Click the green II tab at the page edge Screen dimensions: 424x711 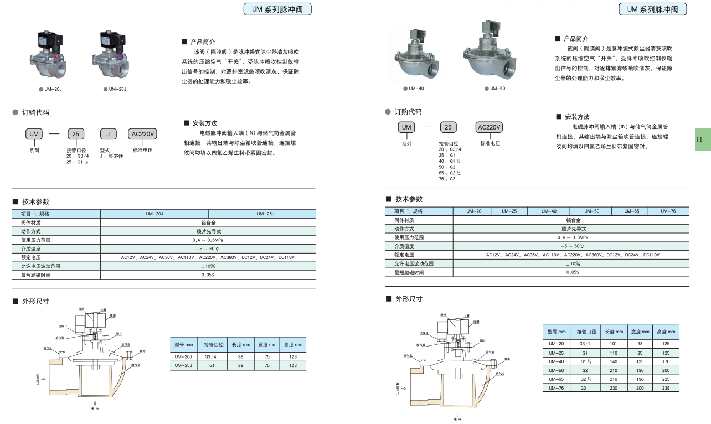tap(702, 139)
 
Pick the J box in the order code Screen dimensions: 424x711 tap(109, 134)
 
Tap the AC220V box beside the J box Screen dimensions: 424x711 tap(142, 134)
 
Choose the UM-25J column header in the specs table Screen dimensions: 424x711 tap(262, 214)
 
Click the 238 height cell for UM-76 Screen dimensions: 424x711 tap(666, 388)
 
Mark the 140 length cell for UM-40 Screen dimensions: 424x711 tap(613, 361)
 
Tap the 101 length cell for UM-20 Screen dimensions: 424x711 tap(613, 344)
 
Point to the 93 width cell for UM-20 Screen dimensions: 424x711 tap(640, 344)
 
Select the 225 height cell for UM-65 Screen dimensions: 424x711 tap(666, 379)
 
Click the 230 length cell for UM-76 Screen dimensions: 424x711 tap(613, 388)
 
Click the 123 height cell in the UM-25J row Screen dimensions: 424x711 tap(292, 365)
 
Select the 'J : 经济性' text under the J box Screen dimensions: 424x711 tap(111, 156)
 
